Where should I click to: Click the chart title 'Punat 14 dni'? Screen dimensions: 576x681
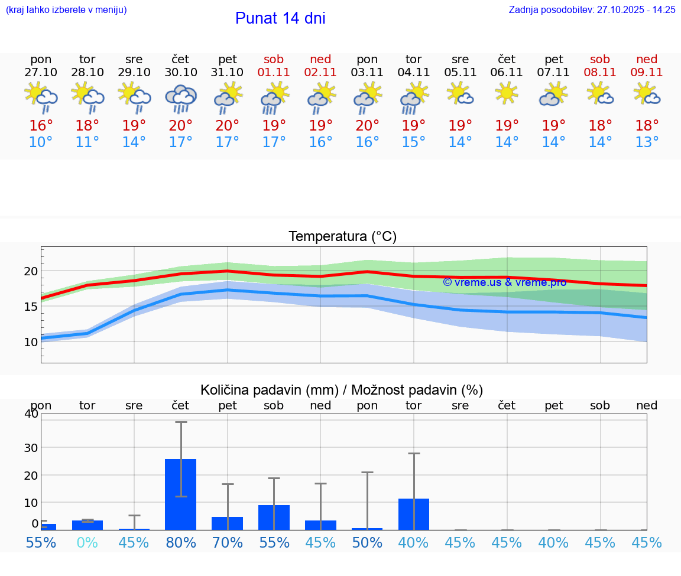pyautogui.click(x=280, y=18)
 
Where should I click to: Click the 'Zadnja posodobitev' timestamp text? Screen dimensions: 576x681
pyautogui.click(x=592, y=10)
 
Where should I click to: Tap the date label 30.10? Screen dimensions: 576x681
pyautogui.click(x=181, y=72)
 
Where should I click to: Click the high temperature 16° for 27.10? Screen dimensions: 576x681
pyautogui.click(x=41, y=125)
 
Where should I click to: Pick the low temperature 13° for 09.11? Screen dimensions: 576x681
pyautogui.click(x=647, y=142)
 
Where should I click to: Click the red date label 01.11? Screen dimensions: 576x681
pyautogui.click(x=274, y=72)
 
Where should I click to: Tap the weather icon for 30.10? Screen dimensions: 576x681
pyautogui.click(x=181, y=98)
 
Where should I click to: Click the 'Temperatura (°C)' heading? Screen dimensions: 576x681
pyautogui.click(x=342, y=237)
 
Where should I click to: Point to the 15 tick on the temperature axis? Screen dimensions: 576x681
pyautogui.click(x=31, y=307)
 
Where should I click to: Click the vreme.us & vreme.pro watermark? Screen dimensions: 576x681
pyautogui.click(x=504, y=282)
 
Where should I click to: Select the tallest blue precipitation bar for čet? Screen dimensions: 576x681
pyautogui.click(x=180, y=494)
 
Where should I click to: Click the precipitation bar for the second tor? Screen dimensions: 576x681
pyautogui.click(x=414, y=514)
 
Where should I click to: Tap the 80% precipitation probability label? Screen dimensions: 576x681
pyautogui.click(x=181, y=543)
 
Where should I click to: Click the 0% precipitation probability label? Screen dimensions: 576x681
pyautogui.click(x=87, y=543)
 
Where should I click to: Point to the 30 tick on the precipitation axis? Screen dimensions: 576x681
pyautogui.click(x=31, y=448)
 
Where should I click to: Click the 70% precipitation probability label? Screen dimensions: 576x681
pyautogui.click(x=228, y=543)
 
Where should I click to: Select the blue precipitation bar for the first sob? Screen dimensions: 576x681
pyautogui.click(x=274, y=518)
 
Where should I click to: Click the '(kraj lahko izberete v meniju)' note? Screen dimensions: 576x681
pyautogui.click(x=66, y=10)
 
